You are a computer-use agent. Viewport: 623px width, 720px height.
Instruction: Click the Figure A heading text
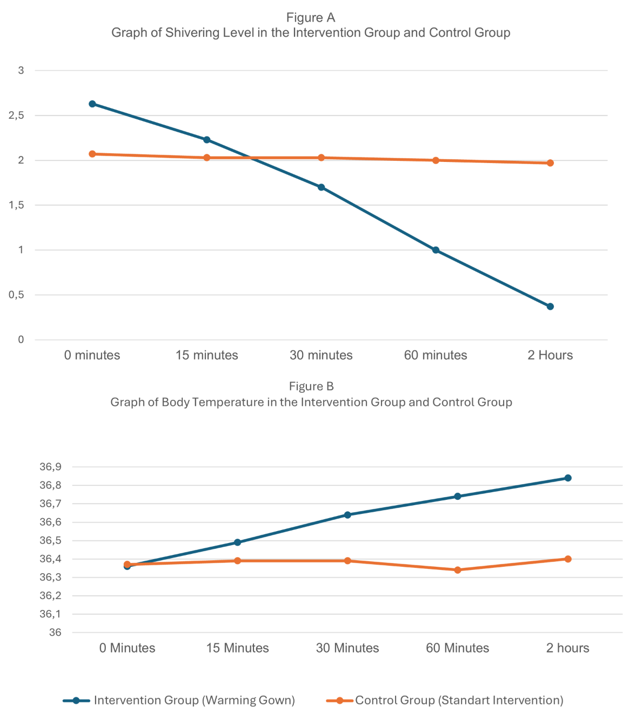pos(311,18)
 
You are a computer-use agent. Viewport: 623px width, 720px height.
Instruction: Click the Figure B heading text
pos(311,386)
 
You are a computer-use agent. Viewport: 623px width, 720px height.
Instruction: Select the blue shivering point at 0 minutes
pos(92,104)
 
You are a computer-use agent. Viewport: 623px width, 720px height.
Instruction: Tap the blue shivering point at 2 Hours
pos(550,307)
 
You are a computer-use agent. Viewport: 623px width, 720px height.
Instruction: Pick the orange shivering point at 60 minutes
pos(436,160)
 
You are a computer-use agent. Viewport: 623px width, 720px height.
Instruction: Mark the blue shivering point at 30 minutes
pos(321,187)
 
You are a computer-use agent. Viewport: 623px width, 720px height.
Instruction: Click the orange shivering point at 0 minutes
pos(92,154)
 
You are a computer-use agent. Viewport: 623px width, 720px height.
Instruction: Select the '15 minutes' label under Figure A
pos(206,355)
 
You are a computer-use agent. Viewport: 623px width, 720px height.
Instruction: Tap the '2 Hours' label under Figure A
pos(550,355)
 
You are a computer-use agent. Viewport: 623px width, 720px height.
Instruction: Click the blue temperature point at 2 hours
pos(568,478)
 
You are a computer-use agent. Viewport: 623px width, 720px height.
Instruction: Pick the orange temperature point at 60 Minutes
pos(458,570)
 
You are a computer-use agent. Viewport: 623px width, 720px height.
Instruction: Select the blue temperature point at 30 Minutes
pos(347,515)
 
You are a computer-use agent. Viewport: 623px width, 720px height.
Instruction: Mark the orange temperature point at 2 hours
pos(568,559)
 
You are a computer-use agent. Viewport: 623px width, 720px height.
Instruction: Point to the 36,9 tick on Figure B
pos(50,467)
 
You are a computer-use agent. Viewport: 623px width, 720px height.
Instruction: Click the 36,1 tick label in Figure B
pos(50,614)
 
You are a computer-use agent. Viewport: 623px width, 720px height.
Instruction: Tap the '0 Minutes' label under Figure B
pos(127,648)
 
